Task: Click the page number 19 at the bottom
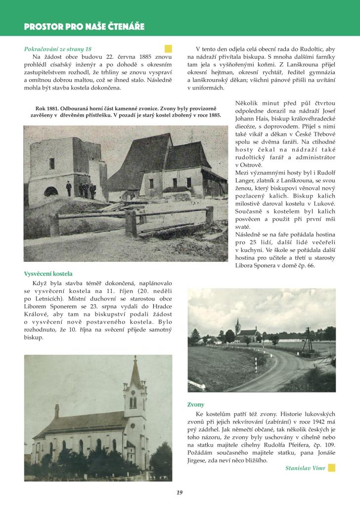(x=180, y=492)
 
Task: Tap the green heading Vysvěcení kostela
(x=48, y=274)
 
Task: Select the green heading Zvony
(x=196, y=404)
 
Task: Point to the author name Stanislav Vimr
(x=305, y=468)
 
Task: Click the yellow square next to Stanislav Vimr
(x=332, y=467)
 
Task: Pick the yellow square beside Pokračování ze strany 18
(x=168, y=48)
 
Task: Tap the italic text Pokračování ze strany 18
(x=57, y=49)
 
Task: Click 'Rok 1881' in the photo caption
(x=47, y=109)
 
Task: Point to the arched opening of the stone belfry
(x=50, y=191)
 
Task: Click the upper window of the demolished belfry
(x=52, y=163)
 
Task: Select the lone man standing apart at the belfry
(x=69, y=188)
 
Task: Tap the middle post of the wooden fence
(x=131, y=223)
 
